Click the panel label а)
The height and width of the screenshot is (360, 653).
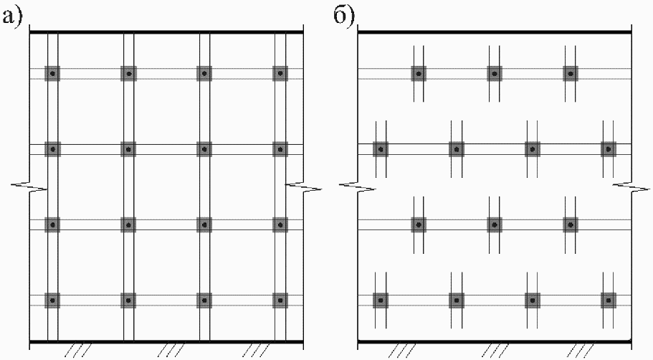coord(12,17)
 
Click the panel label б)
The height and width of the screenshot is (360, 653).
coord(343,16)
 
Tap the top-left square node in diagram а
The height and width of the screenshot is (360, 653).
coord(52,74)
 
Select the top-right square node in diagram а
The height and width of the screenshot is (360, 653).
coord(280,74)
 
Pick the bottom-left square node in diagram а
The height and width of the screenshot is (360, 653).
coord(52,300)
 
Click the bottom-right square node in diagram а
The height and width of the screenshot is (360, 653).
coord(280,300)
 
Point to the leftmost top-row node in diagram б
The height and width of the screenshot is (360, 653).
coord(419,74)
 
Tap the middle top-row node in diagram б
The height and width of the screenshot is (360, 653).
coord(495,74)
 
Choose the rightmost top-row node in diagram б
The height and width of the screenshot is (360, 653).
coord(571,74)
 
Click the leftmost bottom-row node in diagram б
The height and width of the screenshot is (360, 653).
coord(381,300)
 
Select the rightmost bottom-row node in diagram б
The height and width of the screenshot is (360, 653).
coord(609,300)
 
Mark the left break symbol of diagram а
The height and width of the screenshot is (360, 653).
coord(29,187)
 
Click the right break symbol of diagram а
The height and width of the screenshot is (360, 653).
coord(304,187)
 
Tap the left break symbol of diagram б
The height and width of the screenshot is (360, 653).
coord(358,187)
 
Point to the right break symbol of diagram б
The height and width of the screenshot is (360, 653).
coord(631,187)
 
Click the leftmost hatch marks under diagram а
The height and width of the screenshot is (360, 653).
coord(79,350)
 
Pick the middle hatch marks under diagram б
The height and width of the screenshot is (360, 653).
coord(495,350)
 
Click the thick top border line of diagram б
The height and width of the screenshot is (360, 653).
coord(495,32)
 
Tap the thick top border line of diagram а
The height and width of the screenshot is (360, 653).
coord(166,32)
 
